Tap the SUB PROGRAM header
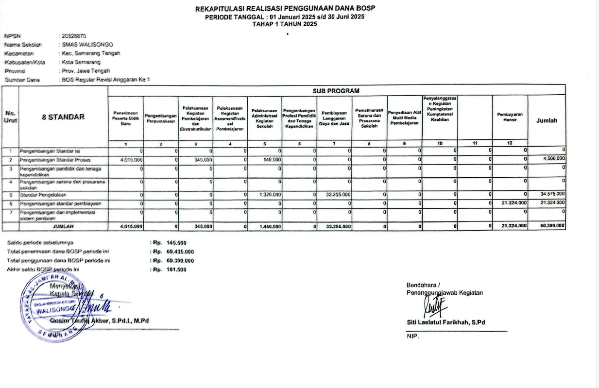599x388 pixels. (337, 90)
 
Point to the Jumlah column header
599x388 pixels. (547, 121)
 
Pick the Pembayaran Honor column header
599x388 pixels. (510, 117)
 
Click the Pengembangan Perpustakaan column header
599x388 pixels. (160, 117)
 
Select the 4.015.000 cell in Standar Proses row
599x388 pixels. (131, 159)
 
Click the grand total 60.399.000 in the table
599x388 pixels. (552, 226)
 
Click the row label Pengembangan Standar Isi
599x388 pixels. (47, 151)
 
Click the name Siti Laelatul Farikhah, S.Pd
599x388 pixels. (446, 322)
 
